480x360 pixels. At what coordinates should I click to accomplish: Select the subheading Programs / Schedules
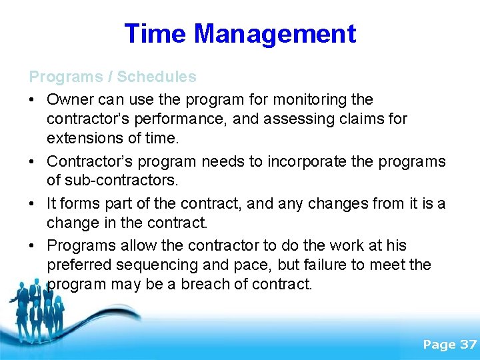tap(113, 77)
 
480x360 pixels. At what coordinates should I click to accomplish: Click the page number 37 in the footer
tap(468, 345)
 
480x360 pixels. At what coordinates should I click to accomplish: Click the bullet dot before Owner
tap(32, 101)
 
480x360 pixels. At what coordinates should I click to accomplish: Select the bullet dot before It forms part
tap(32, 204)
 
